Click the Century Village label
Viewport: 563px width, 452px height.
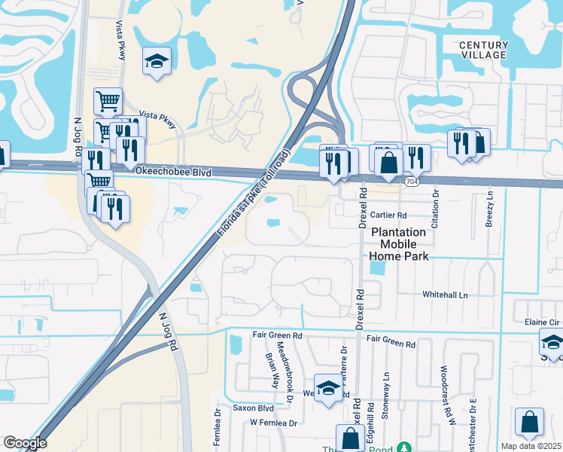(x=483, y=50)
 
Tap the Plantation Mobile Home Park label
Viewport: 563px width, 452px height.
(x=398, y=244)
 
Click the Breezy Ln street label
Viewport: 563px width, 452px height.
(x=490, y=206)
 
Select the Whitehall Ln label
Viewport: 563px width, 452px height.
(x=445, y=294)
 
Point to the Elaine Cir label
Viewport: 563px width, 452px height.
(x=542, y=322)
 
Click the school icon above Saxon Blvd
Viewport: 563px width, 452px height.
(x=327, y=389)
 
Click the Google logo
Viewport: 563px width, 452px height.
(x=24, y=443)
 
